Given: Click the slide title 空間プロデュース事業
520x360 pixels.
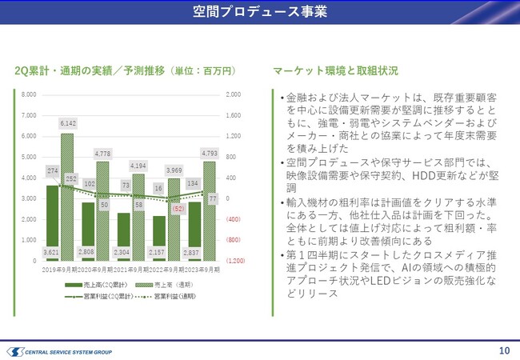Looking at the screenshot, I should point(259,12).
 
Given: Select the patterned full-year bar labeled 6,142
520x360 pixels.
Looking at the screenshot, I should point(67,200).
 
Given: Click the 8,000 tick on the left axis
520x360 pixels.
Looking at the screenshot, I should point(28,94).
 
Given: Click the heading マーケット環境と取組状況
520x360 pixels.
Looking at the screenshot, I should point(335,70).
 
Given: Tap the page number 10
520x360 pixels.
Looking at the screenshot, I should point(504,350).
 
